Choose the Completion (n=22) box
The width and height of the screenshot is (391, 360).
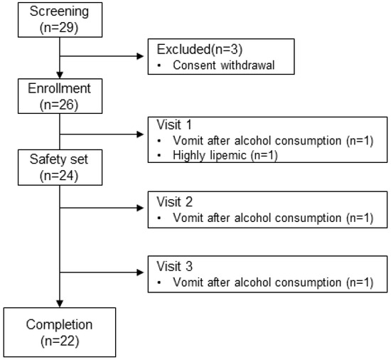pyautogui.click(x=60, y=332)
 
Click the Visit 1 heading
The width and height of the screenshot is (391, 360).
pyautogui.click(x=171, y=125)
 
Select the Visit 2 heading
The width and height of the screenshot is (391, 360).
pyautogui.click(x=171, y=201)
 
